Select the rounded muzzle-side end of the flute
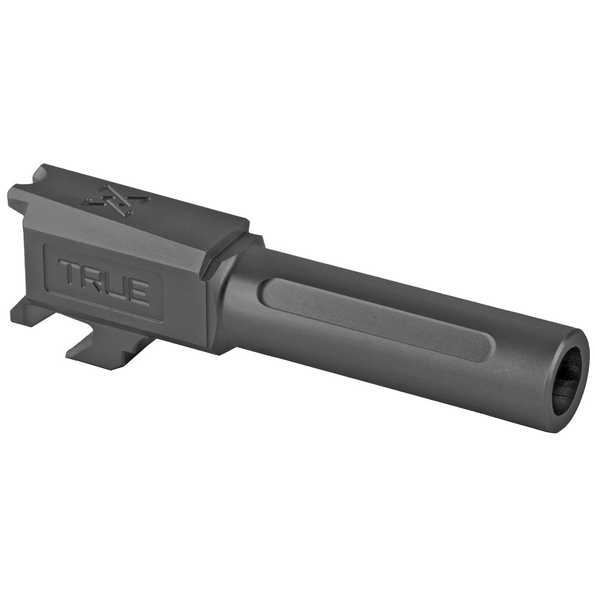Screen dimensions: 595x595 [x=482, y=348]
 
